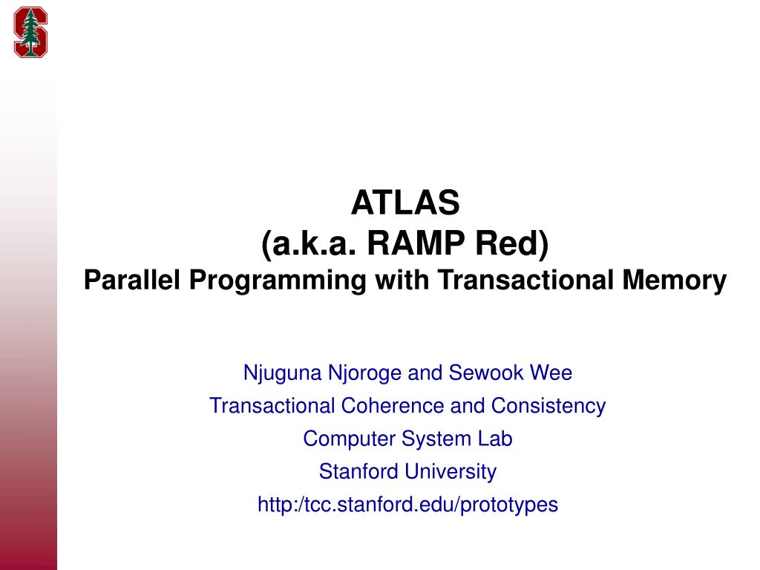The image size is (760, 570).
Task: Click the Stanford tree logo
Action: tap(30, 32)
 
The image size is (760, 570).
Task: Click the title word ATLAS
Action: tap(406, 202)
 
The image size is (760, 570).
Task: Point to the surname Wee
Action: tap(550, 373)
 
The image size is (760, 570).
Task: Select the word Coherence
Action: tap(382, 406)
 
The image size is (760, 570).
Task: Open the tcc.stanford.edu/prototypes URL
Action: tap(407, 505)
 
